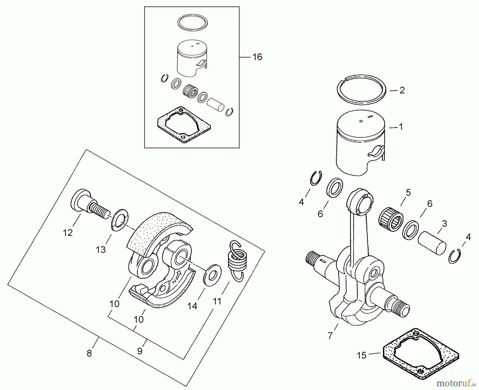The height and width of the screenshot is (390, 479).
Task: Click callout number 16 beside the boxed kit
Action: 257,57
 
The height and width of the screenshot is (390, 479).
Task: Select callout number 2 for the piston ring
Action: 402,90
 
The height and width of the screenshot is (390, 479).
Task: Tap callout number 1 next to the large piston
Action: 401,127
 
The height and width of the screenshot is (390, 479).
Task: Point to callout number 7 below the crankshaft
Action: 330,336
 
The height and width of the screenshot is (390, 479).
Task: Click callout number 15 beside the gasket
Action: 362,355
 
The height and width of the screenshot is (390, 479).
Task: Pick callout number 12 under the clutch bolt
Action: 68,233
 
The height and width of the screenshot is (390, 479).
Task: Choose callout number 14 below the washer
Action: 192,306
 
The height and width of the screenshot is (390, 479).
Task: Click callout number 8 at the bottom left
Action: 89,353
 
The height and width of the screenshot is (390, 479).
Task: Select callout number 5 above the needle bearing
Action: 408,193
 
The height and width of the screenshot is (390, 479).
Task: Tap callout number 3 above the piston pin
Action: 444,224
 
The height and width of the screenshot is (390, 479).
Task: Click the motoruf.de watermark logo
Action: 456,383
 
